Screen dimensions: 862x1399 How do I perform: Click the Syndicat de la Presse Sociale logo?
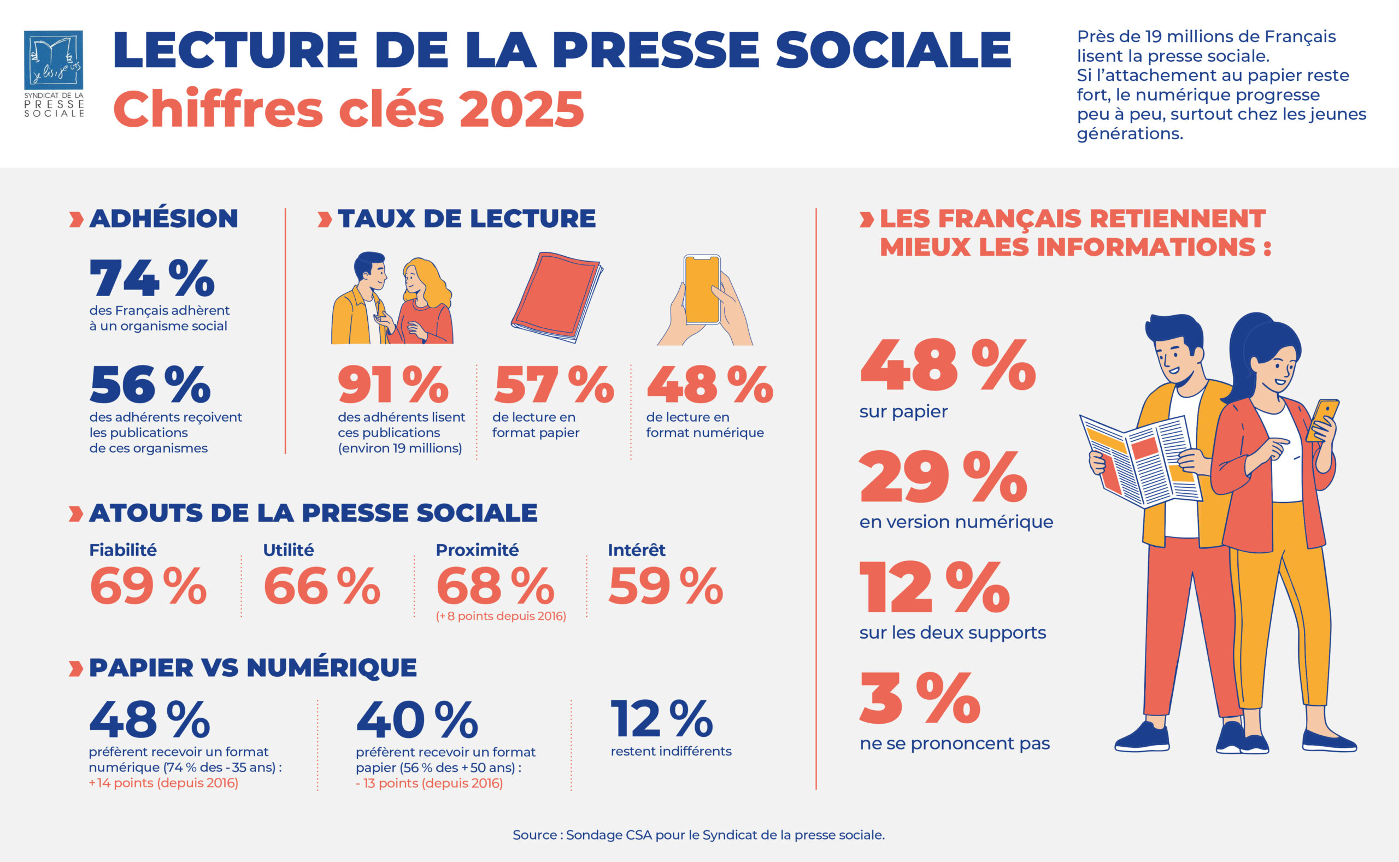pos(54,74)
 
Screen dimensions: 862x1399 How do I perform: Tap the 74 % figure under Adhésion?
pos(152,278)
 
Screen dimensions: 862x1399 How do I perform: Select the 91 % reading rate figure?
pos(393,385)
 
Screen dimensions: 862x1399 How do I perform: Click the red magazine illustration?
pos(556,298)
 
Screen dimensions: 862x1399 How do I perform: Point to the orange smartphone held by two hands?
pos(702,290)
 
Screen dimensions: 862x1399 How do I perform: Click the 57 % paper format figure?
pos(553,385)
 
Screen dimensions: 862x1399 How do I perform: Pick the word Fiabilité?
pos(122,550)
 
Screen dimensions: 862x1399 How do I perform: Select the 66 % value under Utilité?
pos(322,586)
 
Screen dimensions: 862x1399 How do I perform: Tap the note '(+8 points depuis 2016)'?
pos(501,616)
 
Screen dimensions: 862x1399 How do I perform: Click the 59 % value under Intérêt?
pos(666,586)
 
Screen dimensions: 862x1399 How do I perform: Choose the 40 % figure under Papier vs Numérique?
pos(417,721)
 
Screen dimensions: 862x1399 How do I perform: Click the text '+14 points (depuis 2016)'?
pos(163,783)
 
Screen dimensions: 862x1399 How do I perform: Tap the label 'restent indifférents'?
pos(671,752)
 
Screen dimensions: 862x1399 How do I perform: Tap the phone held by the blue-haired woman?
pos(1322,419)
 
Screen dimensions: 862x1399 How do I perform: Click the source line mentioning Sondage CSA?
pos(698,835)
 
